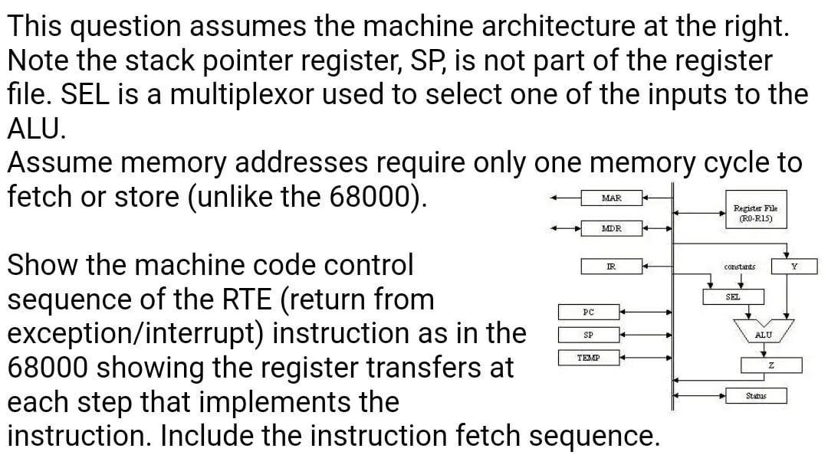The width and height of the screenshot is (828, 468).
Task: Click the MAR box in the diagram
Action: click(x=611, y=198)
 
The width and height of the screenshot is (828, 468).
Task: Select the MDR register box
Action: click(x=611, y=227)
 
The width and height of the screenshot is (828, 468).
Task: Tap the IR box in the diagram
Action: click(x=611, y=266)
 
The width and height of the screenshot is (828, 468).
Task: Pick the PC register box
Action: click(x=588, y=312)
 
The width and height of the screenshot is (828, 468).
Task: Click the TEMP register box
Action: click(x=588, y=358)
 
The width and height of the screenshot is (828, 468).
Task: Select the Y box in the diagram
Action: click(x=794, y=266)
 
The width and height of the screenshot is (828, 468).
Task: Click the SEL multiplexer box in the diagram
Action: click(x=732, y=296)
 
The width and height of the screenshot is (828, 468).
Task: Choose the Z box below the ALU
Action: click(x=770, y=365)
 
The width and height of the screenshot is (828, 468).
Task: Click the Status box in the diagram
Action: click(x=755, y=396)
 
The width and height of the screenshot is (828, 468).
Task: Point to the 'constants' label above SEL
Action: click(x=739, y=267)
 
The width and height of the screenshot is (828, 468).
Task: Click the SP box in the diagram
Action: click(x=588, y=335)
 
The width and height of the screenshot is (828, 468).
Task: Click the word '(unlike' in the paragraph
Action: click(x=254, y=197)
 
